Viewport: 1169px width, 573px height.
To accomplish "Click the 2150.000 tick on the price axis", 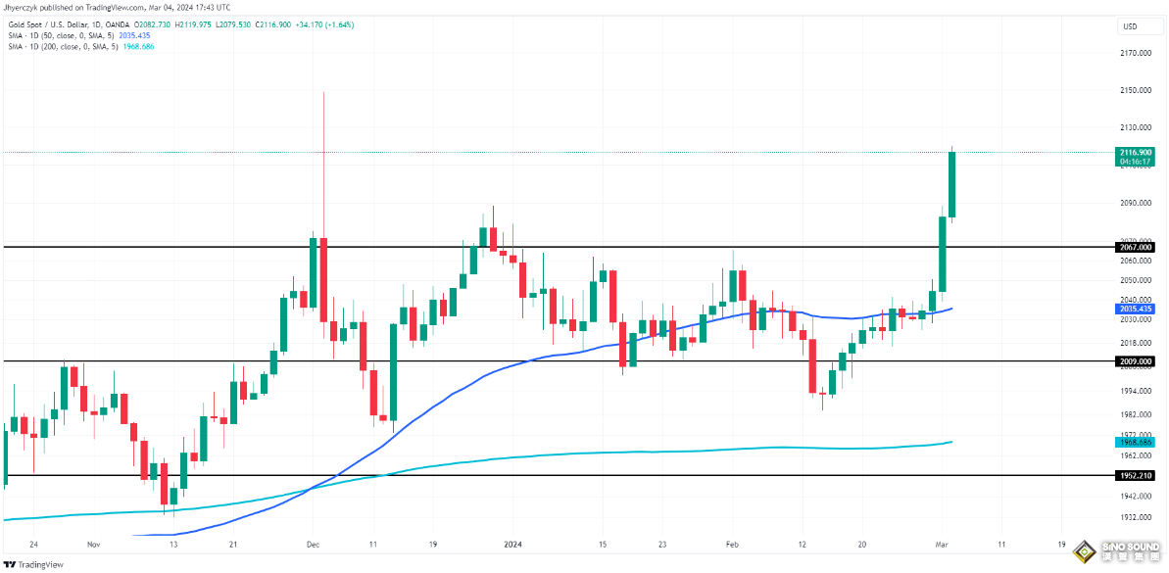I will click(x=1136, y=90).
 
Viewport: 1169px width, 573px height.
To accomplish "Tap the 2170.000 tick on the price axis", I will click(x=1136, y=53).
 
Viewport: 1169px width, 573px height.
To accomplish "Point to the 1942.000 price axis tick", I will click(x=1136, y=497).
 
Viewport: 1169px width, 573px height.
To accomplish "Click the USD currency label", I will click(x=1130, y=26).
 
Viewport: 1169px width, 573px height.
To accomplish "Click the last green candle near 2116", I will click(x=951, y=184).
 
